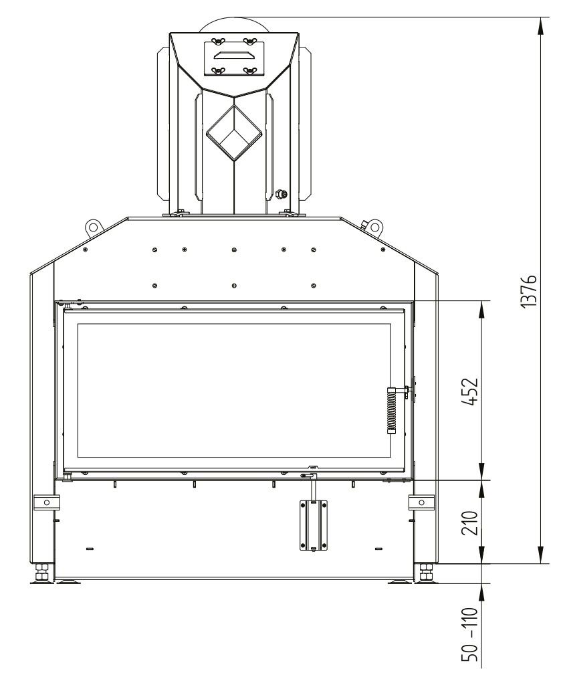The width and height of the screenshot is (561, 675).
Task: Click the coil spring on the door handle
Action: pyautogui.click(x=391, y=411)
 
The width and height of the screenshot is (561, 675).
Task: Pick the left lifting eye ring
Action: pyautogui.click(x=92, y=226)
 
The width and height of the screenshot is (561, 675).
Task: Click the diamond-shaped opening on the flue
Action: pyautogui.click(x=233, y=133)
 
